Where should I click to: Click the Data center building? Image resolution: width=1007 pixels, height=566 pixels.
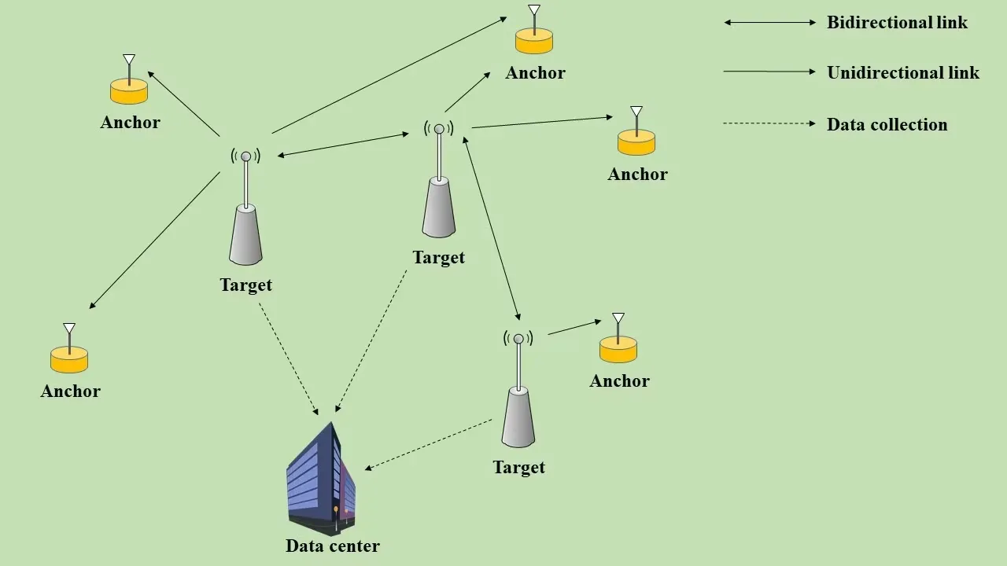pos(321,480)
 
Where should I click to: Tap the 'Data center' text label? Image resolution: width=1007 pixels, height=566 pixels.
pos(332,546)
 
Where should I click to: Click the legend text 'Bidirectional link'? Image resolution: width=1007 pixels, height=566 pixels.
pos(897,23)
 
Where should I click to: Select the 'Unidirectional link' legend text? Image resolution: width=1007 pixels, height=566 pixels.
pos(902,73)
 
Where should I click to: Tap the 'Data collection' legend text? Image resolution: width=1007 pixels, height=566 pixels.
pos(887,124)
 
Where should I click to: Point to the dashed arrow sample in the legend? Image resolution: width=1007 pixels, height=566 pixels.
pos(769,123)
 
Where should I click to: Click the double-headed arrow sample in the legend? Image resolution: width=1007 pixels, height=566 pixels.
pos(770,23)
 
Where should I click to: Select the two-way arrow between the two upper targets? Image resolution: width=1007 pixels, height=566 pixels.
pos(344,145)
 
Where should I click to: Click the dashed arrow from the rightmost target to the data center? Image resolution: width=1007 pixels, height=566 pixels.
pos(429,445)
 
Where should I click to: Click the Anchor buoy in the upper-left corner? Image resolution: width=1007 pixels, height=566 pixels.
pos(129,88)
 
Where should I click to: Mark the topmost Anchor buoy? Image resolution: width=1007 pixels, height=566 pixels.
pos(534,37)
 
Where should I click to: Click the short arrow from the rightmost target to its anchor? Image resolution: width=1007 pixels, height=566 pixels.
pos(574,327)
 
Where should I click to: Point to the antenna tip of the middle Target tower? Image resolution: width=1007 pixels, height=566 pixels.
pos(439,129)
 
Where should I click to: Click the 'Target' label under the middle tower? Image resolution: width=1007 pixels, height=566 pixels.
pos(438,257)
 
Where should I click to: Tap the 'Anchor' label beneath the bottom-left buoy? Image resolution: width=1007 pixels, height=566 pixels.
pos(71,391)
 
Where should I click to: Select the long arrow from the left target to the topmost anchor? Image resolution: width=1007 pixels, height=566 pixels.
pos(389,75)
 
